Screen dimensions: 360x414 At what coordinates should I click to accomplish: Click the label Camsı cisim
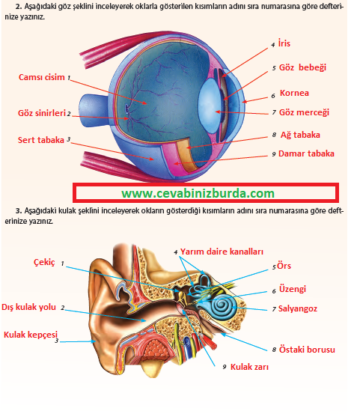pos(42,77)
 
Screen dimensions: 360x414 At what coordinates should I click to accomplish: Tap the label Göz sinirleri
pos(42,113)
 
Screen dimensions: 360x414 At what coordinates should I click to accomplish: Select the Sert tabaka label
pos(41,140)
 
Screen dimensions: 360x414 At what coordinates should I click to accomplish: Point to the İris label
pos(284,43)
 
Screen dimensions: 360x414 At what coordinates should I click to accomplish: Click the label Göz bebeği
pos(302,67)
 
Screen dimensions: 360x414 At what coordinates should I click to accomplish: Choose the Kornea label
pos(294,93)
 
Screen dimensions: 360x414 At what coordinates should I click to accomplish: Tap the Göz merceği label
pos(304,112)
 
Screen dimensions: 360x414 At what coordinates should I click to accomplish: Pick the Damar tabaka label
pos(306,153)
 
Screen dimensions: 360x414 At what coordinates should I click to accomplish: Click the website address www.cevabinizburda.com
pos(198,194)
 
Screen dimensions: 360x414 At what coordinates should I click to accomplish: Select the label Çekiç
pos(44,263)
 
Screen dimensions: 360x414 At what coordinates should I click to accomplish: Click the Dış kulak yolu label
pos(28,307)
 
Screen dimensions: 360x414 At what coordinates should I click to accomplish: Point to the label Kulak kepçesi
pos(31,335)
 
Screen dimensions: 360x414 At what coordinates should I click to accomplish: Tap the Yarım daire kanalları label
pos(222,252)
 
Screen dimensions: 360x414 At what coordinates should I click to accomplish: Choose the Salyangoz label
pos(298,308)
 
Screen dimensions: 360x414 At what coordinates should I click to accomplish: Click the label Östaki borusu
pos(307,350)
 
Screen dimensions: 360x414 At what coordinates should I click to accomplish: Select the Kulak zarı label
pos(249,367)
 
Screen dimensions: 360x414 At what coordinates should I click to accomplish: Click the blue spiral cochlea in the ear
pos(225,307)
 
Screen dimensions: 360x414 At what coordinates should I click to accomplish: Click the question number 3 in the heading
pos(18,211)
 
